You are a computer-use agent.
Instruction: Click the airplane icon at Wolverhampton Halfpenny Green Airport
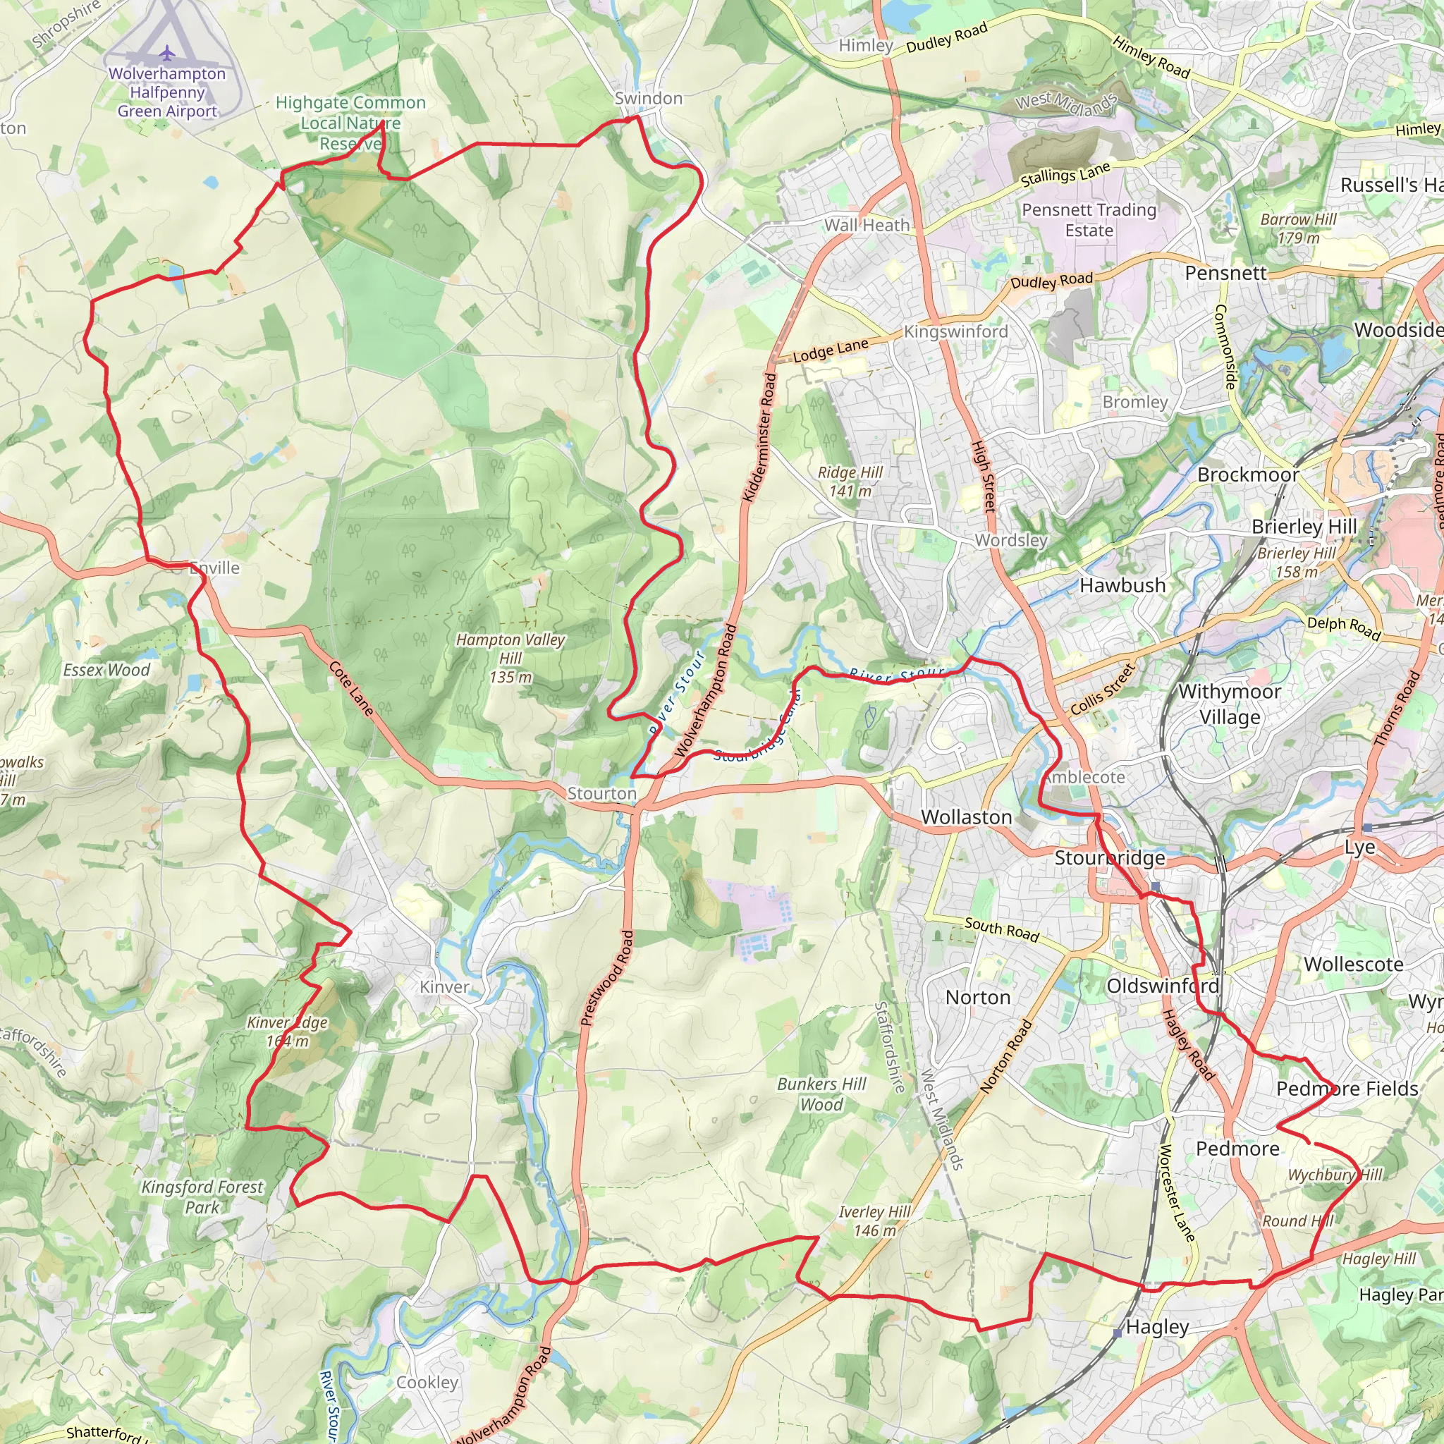coord(166,53)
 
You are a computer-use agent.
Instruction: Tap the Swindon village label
coord(648,99)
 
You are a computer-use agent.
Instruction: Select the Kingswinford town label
coord(955,331)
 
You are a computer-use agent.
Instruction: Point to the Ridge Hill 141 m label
coord(850,482)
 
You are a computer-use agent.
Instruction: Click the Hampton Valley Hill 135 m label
coord(510,658)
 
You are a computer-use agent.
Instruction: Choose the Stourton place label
coord(601,793)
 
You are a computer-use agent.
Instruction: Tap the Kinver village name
coord(444,986)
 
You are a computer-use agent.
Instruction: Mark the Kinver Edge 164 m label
coord(287,1032)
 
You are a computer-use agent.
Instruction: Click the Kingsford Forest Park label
coord(202,1197)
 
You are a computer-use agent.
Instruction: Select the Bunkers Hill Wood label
coord(821,1094)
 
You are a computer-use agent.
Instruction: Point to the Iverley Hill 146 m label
coord(874,1220)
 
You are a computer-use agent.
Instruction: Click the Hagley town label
coord(1157,1327)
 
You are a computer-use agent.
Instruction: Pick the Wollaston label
coord(967,817)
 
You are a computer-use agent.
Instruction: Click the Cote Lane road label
coord(351,687)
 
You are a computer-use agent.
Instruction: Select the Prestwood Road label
coord(606,977)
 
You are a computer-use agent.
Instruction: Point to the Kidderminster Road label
coord(759,436)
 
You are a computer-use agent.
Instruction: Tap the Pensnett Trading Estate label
coord(1089,220)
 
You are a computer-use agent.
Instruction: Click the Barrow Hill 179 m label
coord(1298,228)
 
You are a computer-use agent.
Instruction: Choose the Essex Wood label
coord(106,670)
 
